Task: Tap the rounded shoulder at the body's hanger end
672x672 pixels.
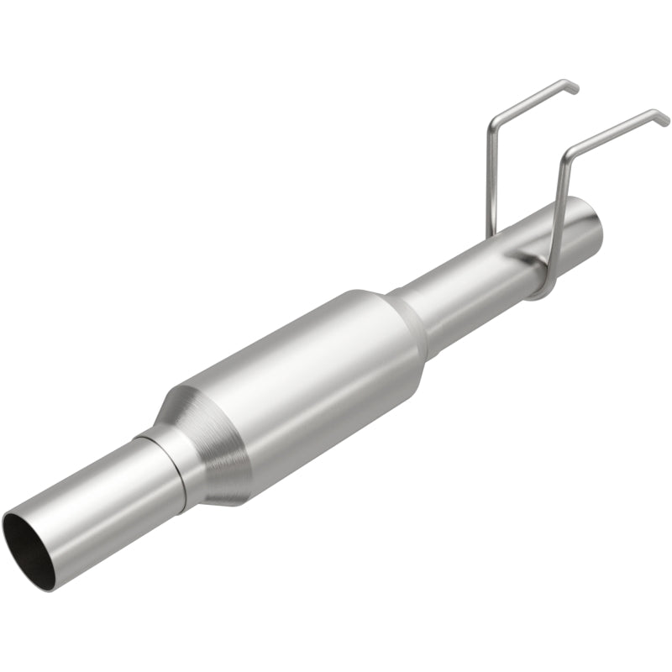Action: (395, 319)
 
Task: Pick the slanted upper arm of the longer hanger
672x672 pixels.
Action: (613, 134)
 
